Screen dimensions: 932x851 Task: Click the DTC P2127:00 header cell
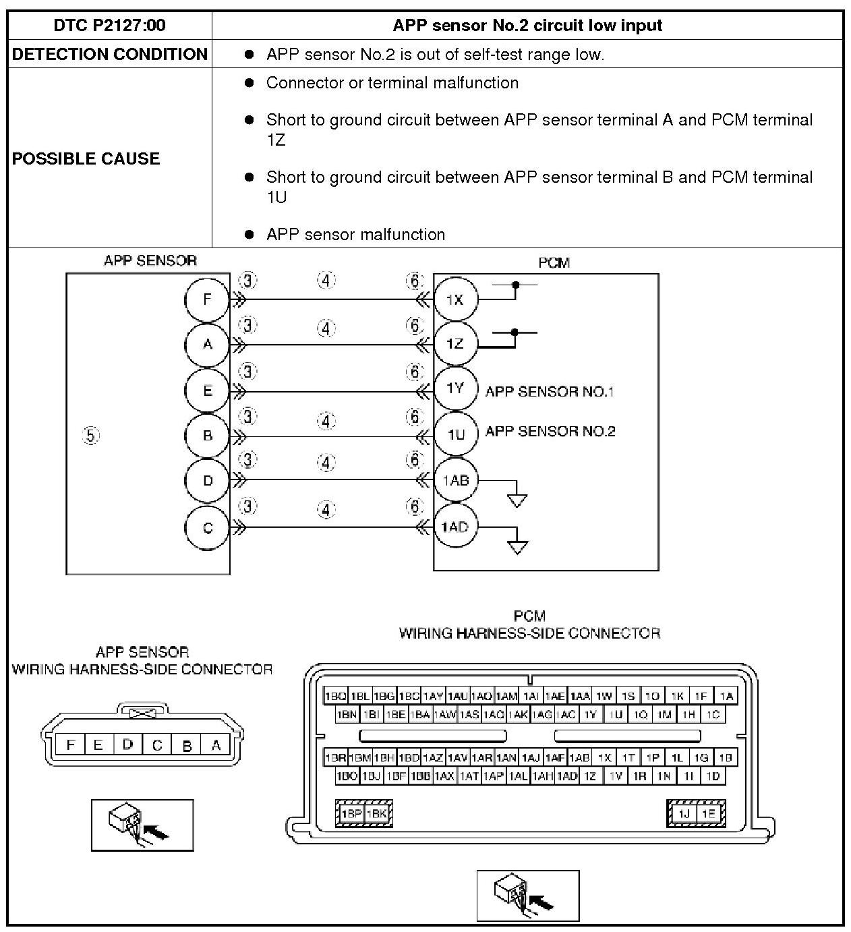[x=109, y=26]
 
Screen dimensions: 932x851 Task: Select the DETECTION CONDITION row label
[x=109, y=55]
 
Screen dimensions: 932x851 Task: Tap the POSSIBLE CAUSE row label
[x=86, y=158]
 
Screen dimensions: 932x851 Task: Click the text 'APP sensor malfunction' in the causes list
[x=355, y=235]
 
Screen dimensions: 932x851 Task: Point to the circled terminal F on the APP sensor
[x=207, y=299]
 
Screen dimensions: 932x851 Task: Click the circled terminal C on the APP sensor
[x=207, y=527]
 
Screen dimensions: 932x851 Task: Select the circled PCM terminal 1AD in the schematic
[x=455, y=527]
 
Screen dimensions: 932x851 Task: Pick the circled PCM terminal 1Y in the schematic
[x=455, y=388]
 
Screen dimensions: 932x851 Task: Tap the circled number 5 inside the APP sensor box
[x=91, y=436]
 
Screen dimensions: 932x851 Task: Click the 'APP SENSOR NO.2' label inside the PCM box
[x=550, y=432]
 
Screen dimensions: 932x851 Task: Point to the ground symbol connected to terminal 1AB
[x=517, y=500]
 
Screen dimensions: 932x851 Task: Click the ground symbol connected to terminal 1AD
[x=517, y=546]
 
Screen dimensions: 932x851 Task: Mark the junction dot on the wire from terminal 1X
[x=516, y=285]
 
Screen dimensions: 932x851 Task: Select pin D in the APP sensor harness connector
[x=127, y=745]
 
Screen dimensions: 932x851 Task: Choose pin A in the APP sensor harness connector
[x=216, y=745]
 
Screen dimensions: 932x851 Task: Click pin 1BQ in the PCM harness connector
[x=335, y=696]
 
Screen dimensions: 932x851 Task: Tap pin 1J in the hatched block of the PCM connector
[x=683, y=814]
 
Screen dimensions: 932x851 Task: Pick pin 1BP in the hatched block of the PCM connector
[x=351, y=814]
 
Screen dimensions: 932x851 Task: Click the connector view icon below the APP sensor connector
[x=142, y=825]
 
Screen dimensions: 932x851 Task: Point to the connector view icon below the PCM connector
[x=528, y=896]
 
